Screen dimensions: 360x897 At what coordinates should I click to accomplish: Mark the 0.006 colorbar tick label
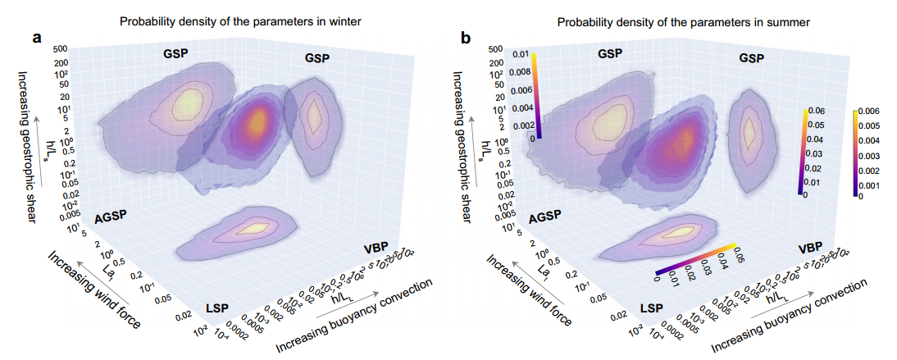871,110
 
